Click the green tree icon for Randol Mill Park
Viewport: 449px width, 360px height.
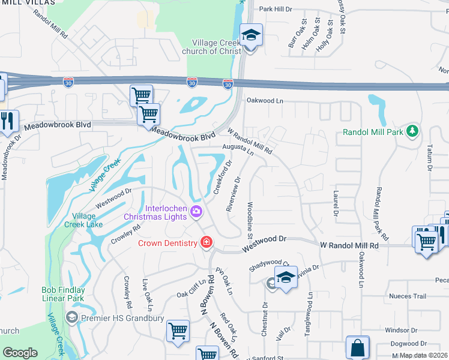click(x=412, y=130)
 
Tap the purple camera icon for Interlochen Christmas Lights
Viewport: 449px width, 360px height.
click(x=196, y=211)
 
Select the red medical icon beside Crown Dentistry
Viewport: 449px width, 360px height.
click(x=206, y=242)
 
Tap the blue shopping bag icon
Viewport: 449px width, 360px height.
click(x=357, y=347)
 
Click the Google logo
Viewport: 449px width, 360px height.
click(x=20, y=352)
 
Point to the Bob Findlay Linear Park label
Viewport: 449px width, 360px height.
click(x=63, y=294)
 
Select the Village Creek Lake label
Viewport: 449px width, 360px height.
click(x=83, y=220)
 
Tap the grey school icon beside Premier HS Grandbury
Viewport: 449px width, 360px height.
click(x=71, y=317)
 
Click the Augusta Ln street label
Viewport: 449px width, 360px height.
click(x=238, y=148)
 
